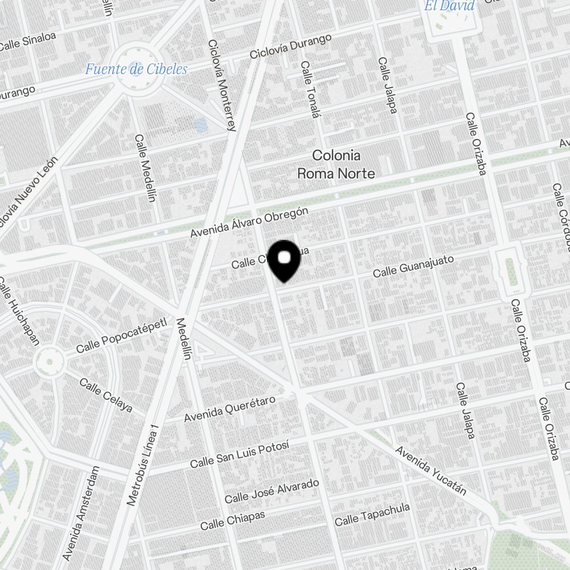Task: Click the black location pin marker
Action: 284,260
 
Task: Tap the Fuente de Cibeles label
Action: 136,70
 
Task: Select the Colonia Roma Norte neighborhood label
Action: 336,164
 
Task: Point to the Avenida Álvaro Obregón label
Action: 249,222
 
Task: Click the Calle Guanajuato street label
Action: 413,266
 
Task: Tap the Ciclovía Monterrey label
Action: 222,85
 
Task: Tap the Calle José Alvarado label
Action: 271,491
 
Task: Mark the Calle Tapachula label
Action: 372,514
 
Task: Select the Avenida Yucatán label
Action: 431,471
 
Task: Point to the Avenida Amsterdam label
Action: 80,513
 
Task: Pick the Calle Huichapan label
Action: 19,311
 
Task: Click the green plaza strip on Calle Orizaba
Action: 512,272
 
